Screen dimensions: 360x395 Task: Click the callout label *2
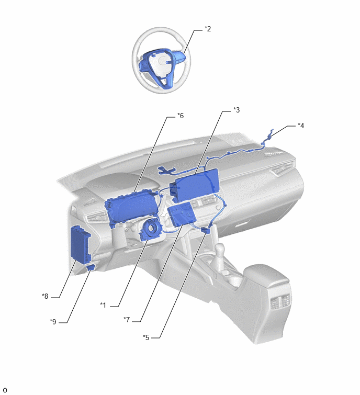208,29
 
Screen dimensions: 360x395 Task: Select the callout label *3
237,110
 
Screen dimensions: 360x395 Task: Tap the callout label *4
301,126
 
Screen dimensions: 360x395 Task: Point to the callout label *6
181,116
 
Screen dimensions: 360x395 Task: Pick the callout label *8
45,296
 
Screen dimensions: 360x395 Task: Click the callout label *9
53,322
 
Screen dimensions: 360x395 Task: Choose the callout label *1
103,305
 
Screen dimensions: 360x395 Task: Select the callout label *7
127,320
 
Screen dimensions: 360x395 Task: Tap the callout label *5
146,337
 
